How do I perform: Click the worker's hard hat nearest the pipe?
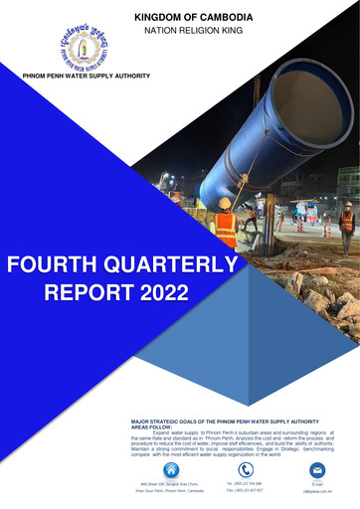coord(225,204)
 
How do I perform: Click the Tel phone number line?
coord(245,484)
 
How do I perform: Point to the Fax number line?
coord(245,491)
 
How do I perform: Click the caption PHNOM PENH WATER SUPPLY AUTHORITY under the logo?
coord(88,76)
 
